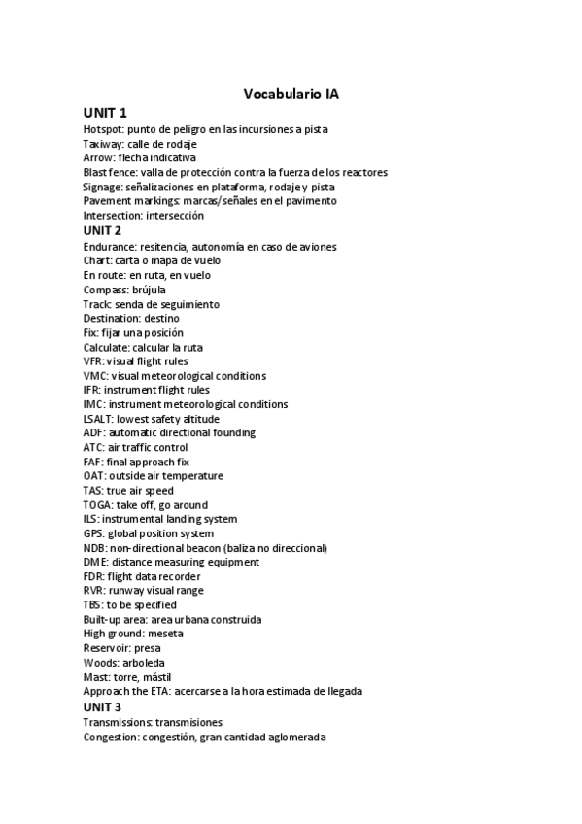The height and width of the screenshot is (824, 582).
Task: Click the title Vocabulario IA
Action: pyautogui.click(x=291, y=94)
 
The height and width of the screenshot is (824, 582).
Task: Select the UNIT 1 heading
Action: pyautogui.click(x=105, y=113)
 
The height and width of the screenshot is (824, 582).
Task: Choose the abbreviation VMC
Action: pyautogui.click(x=94, y=376)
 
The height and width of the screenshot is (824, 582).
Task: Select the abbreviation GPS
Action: pyautogui.click(x=93, y=533)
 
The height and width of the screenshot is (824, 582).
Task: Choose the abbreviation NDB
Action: pyautogui.click(x=94, y=548)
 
